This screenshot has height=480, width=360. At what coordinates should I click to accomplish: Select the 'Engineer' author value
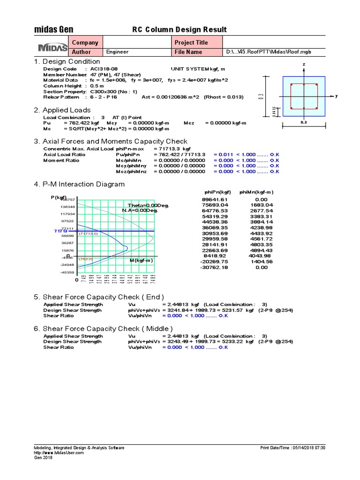click(117, 52)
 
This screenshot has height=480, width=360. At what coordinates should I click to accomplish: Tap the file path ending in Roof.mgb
click(269, 52)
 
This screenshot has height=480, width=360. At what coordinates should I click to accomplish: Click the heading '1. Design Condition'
click(67, 61)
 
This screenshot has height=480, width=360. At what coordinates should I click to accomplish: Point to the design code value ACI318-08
click(104, 69)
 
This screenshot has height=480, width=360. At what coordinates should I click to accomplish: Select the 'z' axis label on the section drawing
click(304, 64)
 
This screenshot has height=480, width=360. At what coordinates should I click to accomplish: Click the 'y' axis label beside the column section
click(337, 96)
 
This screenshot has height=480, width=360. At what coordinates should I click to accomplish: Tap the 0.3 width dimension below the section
click(304, 123)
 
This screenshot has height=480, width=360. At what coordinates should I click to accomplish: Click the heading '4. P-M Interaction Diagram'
click(79, 184)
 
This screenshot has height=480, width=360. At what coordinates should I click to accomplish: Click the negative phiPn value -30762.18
click(214, 267)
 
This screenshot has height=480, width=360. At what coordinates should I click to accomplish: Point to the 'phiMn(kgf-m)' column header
click(256, 192)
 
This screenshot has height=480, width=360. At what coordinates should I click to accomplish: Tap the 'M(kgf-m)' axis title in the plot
click(141, 260)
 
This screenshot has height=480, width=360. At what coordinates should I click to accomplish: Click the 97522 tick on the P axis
click(67, 221)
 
